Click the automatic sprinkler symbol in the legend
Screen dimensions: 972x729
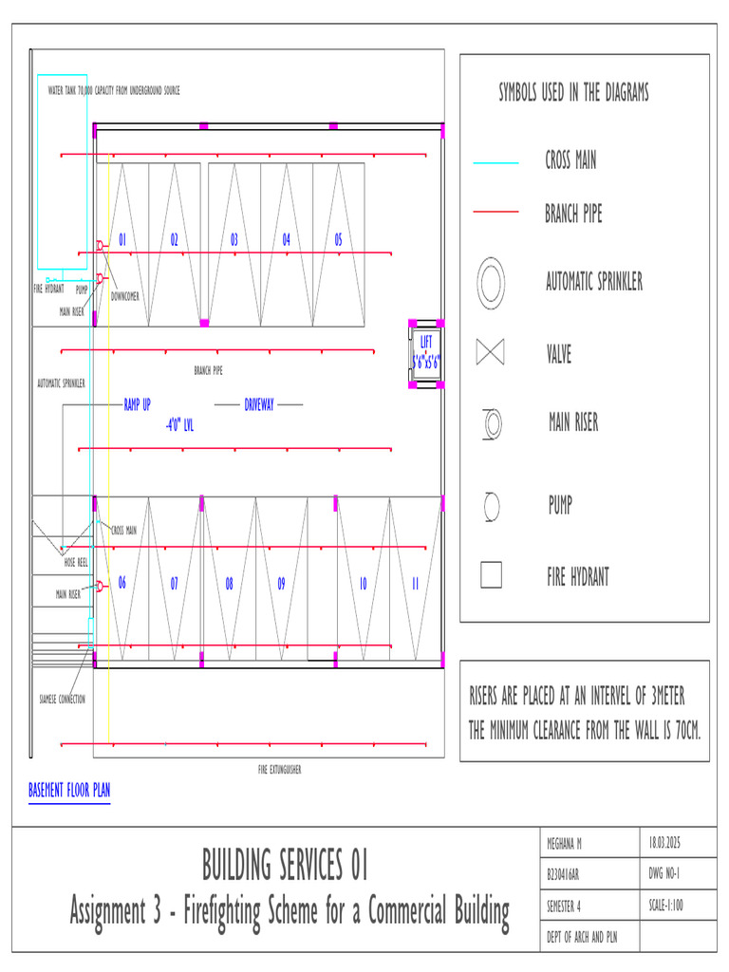[x=492, y=282]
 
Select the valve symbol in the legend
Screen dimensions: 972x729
[x=491, y=352]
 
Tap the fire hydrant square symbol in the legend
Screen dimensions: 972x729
[x=491, y=575]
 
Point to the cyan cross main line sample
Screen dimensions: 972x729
[x=495, y=163]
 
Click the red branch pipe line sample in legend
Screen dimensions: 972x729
[x=495, y=212]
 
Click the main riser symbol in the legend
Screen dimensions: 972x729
[x=492, y=423]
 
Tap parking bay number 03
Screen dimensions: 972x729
[x=234, y=240]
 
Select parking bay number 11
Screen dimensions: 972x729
[x=415, y=585]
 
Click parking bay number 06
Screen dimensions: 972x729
[x=121, y=584]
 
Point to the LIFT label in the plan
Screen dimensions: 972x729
[x=425, y=342]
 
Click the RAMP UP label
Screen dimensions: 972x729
[x=137, y=405]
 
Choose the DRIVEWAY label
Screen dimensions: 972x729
[x=258, y=405]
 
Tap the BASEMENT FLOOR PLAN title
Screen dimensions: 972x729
[x=69, y=790]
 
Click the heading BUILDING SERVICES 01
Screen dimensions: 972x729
[x=284, y=865]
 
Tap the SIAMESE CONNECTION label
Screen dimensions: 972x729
[x=62, y=700]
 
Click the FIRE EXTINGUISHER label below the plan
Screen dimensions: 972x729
[x=279, y=770]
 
